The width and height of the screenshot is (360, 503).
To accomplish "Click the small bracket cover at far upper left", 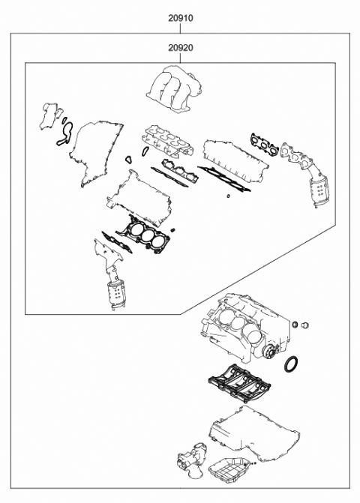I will tap(52, 116).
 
